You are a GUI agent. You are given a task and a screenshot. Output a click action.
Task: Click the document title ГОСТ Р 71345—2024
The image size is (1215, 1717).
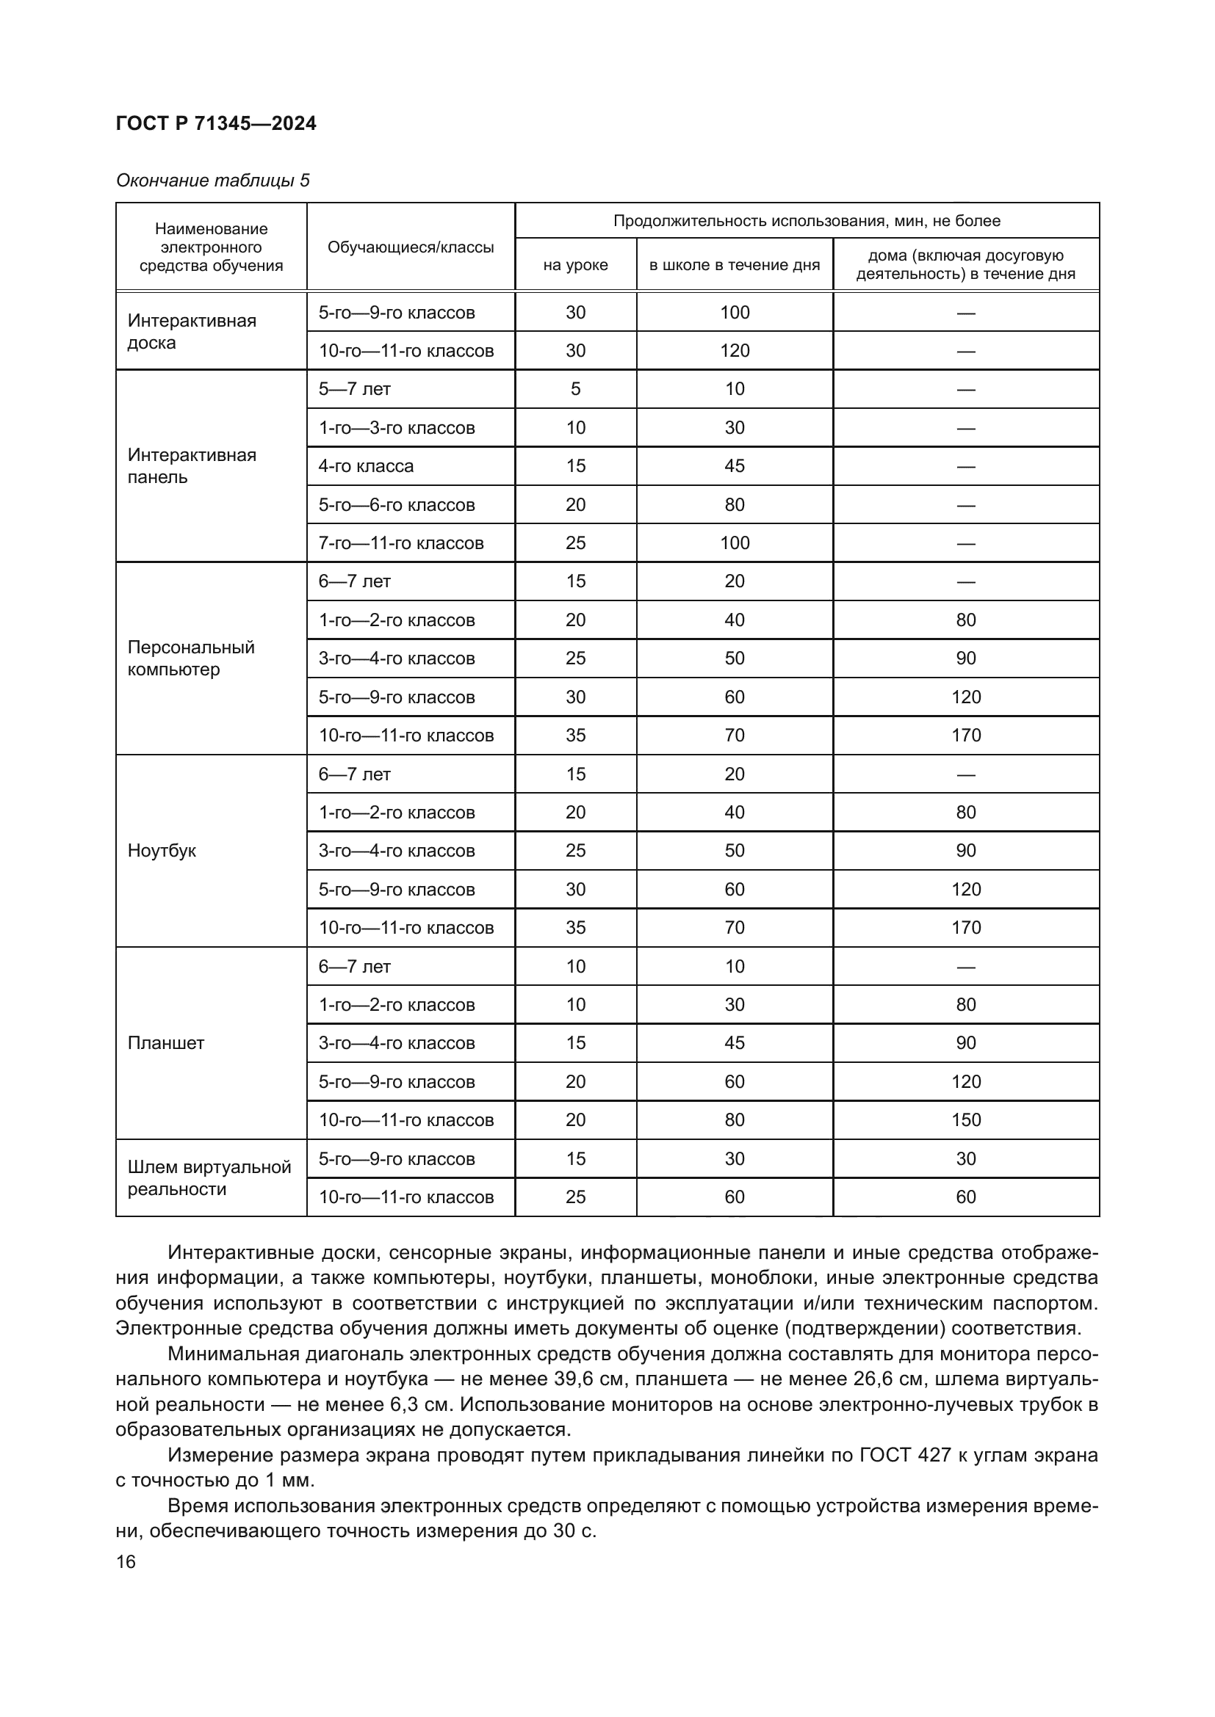tap(216, 123)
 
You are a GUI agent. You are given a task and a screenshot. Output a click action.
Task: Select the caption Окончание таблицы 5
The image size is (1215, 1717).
tap(212, 181)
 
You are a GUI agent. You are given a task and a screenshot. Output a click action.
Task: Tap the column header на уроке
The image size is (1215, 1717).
tap(575, 265)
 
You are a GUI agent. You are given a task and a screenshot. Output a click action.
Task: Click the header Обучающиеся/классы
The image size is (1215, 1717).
tap(411, 247)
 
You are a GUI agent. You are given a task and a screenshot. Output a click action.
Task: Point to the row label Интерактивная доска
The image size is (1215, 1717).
tap(192, 331)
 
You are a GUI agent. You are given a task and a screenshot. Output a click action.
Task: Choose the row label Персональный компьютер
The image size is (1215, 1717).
tap(191, 658)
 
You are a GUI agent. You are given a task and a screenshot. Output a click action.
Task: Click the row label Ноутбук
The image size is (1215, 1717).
tap(162, 850)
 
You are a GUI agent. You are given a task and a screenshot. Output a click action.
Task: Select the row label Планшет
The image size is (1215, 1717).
tap(165, 1042)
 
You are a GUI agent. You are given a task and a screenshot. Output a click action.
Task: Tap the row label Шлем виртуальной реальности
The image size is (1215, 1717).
tap(209, 1177)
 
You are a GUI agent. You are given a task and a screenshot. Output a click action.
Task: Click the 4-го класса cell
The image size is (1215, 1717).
tap(366, 466)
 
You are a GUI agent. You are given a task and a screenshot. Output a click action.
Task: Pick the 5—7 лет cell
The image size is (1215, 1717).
tap(354, 389)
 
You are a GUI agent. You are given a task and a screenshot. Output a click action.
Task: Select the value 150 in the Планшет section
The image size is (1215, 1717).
tap(965, 1119)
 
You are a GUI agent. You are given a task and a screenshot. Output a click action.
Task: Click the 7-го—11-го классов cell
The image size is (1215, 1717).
tap(401, 543)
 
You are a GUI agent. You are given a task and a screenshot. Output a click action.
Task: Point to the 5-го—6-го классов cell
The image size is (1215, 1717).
tap(397, 505)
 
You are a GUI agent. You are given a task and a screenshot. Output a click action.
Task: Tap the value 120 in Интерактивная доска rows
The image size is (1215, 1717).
tap(734, 351)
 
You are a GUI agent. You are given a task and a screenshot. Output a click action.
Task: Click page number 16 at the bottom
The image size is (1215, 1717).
tap(126, 1561)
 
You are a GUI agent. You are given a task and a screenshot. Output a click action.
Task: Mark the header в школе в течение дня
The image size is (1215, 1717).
tap(734, 265)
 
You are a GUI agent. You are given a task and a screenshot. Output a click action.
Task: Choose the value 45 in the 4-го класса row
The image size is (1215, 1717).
tap(734, 466)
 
